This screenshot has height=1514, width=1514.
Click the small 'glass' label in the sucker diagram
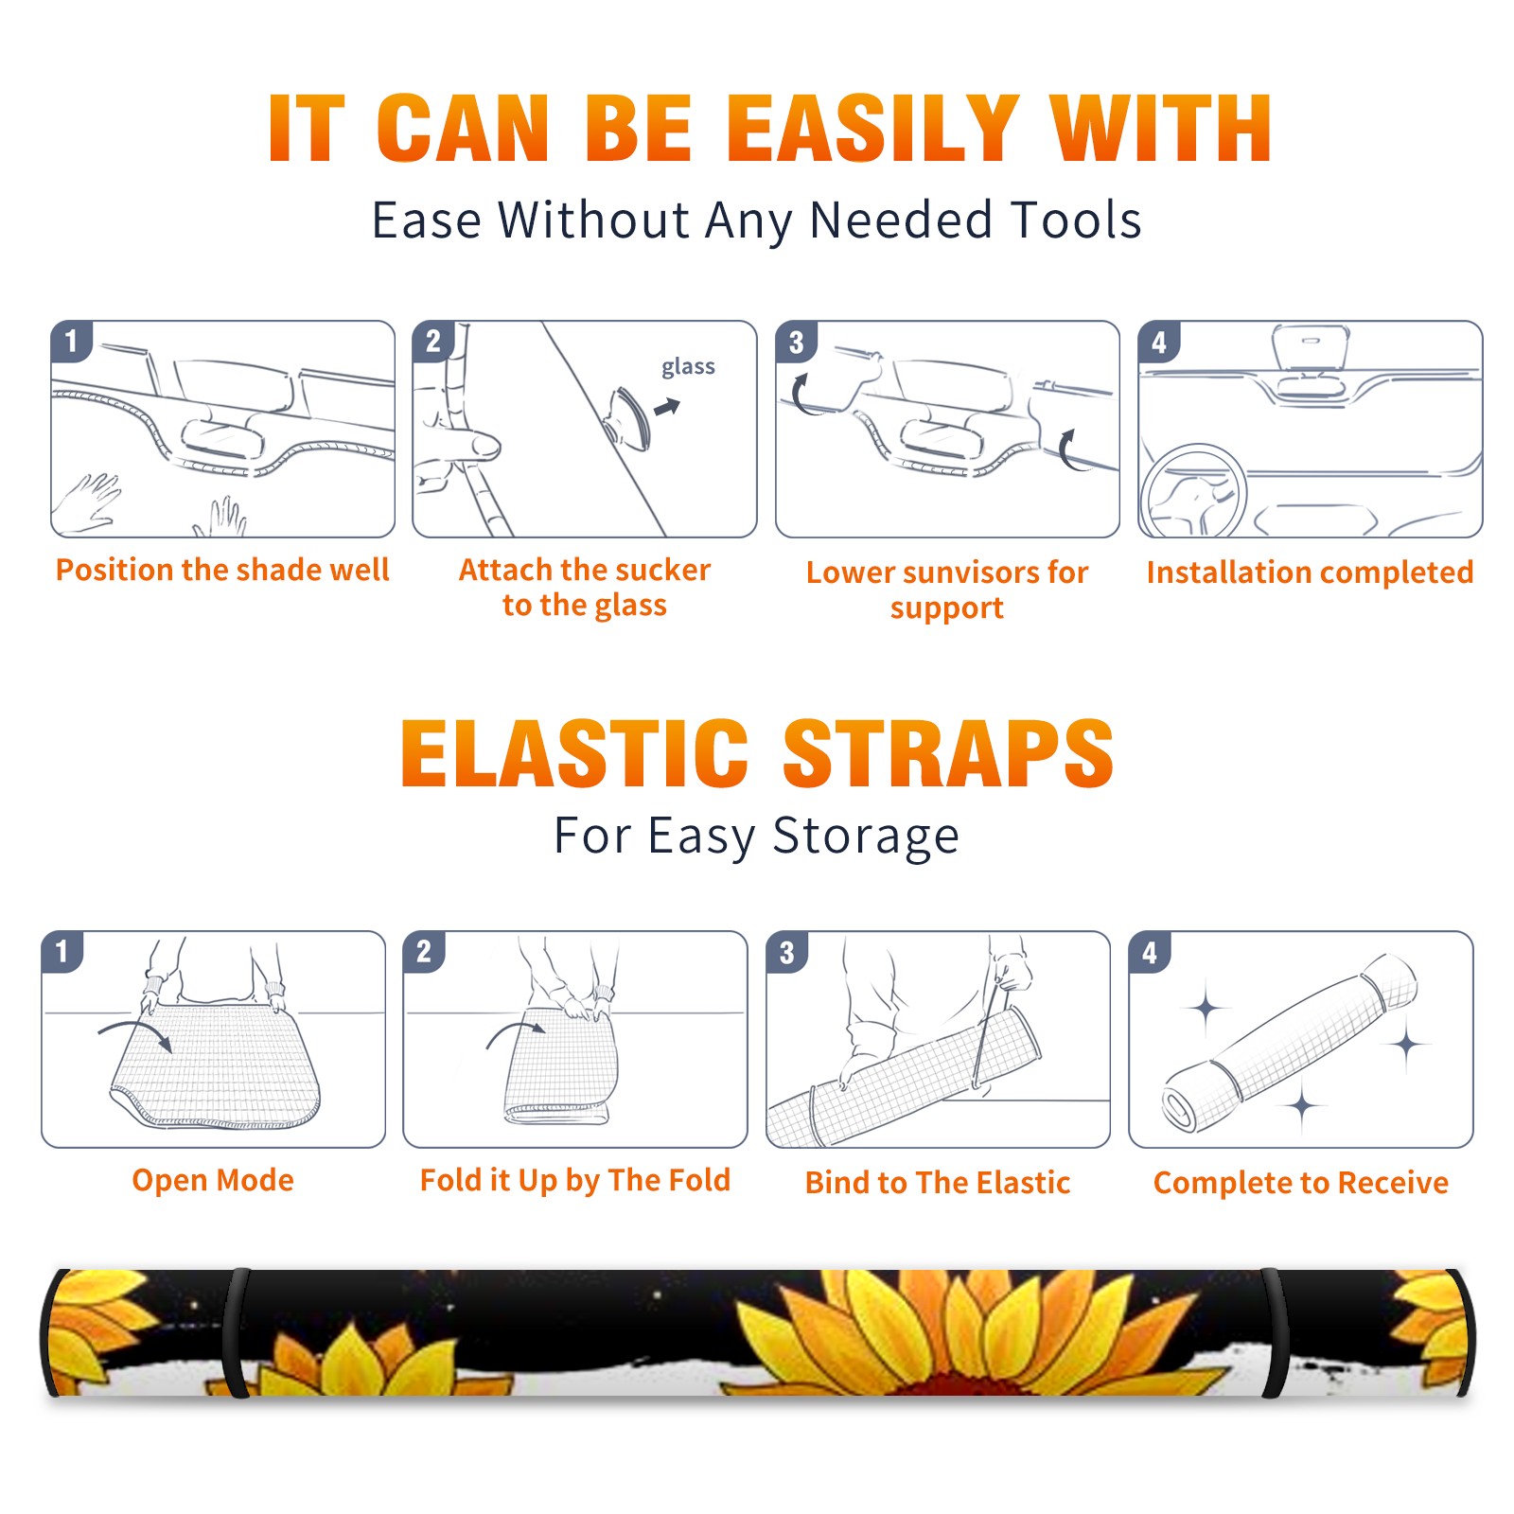click(688, 367)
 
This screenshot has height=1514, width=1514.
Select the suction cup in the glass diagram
click(626, 417)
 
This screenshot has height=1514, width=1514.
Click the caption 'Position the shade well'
click(222, 570)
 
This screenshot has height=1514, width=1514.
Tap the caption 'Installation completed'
click(1310, 572)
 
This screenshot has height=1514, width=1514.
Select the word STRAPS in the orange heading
click(948, 753)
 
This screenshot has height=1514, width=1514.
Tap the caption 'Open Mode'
click(213, 1180)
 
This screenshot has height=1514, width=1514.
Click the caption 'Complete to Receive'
click(1301, 1183)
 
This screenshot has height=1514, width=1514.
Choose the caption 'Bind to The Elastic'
click(938, 1183)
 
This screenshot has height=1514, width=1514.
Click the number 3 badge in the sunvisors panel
click(796, 342)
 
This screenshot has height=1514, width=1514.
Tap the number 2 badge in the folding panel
click(424, 951)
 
